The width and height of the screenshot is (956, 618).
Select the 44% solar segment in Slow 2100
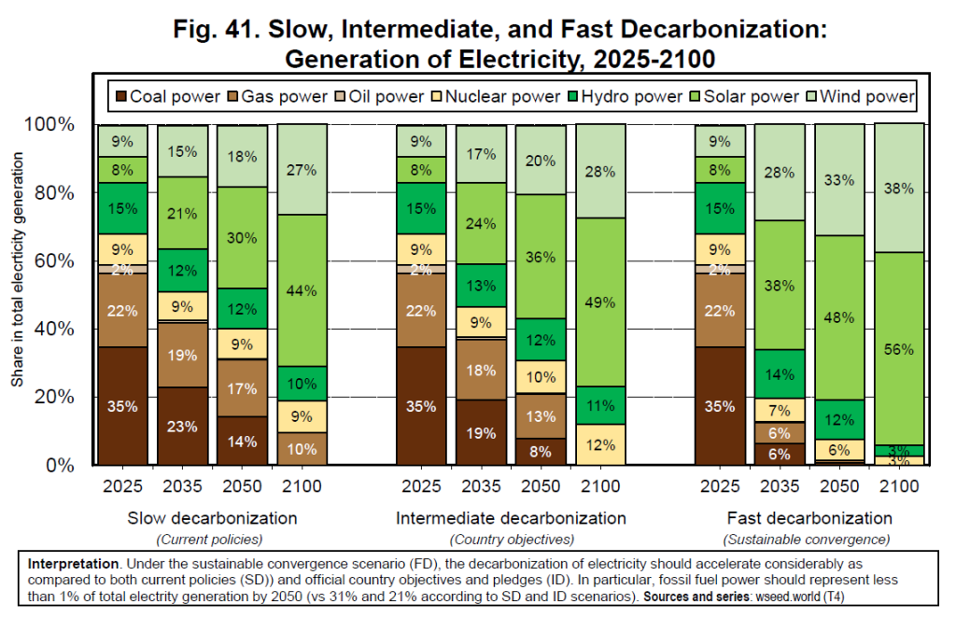coord(302,290)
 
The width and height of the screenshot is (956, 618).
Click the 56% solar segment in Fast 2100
coord(899,348)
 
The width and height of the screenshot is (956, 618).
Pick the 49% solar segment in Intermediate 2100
coord(600,302)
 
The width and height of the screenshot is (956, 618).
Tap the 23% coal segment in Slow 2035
coord(182,426)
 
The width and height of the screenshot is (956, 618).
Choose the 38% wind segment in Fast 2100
coord(899,188)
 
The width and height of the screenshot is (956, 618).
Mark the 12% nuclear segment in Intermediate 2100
coord(600,444)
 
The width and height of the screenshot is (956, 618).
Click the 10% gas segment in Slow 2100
coord(302,448)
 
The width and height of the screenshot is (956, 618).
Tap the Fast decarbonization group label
coord(809,517)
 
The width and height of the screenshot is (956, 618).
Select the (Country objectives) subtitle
coord(511,539)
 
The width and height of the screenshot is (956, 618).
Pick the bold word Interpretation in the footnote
coord(73,565)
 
